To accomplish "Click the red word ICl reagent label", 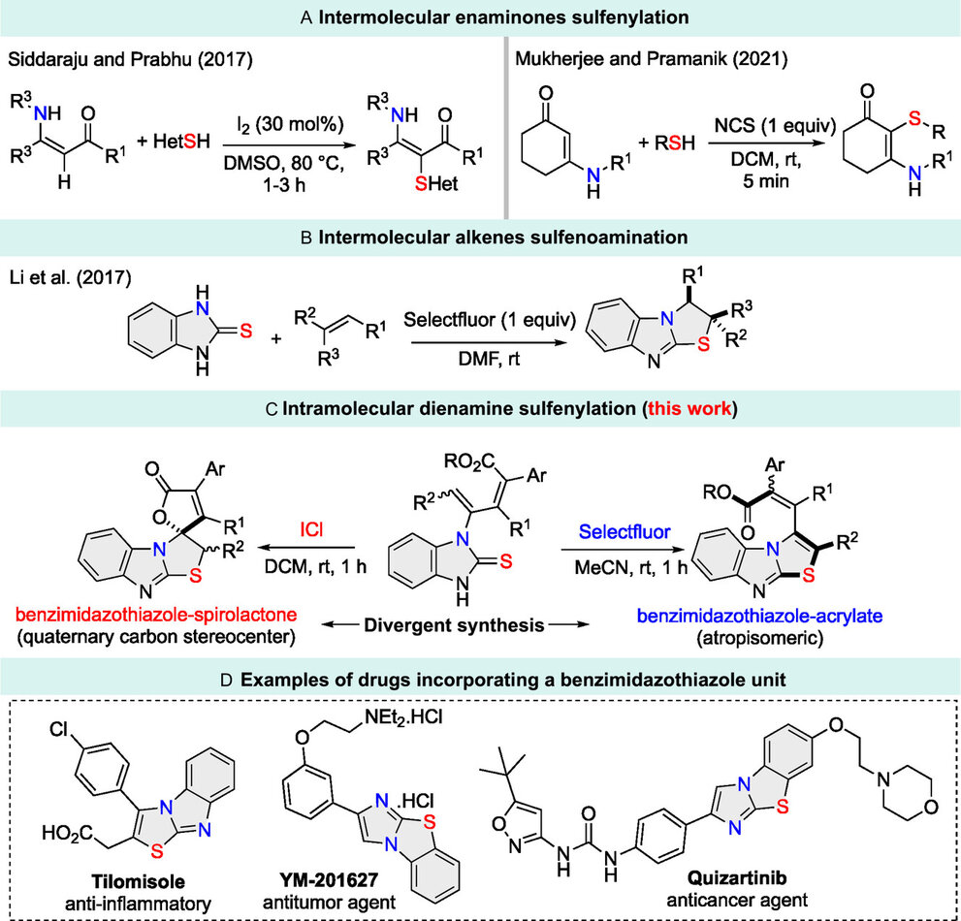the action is (311, 528).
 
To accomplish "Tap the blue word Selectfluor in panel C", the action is (625, 531).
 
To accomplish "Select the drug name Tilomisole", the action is (138, 881).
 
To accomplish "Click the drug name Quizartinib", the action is (737, 877).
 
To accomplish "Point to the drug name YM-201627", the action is (329, 880).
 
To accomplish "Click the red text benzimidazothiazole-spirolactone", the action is (156, 614).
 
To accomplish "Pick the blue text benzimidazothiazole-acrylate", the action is (759, 616).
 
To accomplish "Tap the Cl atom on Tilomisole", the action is (59, 729).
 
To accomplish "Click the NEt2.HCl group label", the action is (403, 716).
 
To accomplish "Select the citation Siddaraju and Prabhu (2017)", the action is (130, 59).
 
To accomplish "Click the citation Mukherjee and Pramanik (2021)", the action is (651, 59).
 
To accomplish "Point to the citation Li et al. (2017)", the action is (70, 277).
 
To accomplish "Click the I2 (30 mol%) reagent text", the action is (291, 124).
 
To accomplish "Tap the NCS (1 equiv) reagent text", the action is (775, 126).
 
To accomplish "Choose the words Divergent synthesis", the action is (454, 625).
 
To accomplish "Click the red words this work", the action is (689, 409).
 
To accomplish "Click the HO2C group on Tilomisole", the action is (68, 833).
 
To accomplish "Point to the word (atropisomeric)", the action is (759, 638).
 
